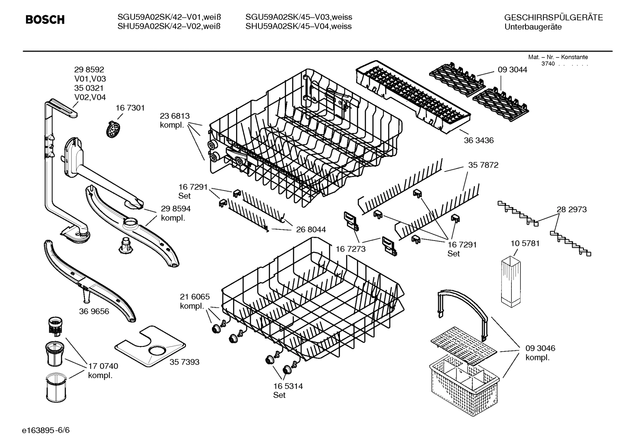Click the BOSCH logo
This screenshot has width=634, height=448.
click(45, 20)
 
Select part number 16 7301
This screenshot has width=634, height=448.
click(130, 108)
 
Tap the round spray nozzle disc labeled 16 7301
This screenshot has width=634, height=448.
click(114, 129)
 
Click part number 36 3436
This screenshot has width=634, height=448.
click(479, 141)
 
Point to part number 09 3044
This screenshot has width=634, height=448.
click(512, 69)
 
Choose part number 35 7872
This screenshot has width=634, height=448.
click(483, 165)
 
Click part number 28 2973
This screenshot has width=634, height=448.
click(572, 210)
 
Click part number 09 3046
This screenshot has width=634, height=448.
click(540, 348)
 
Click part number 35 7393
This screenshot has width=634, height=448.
click(184, 362)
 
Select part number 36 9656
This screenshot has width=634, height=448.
click(94, 311)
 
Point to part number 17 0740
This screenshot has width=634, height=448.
click(103, 366)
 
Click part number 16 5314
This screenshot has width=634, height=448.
click(288, 386)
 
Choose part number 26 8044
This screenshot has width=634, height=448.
click(311, 229)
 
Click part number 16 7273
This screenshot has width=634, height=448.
click(350, 249)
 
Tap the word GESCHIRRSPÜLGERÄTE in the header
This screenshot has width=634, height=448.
click(553, 18)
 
